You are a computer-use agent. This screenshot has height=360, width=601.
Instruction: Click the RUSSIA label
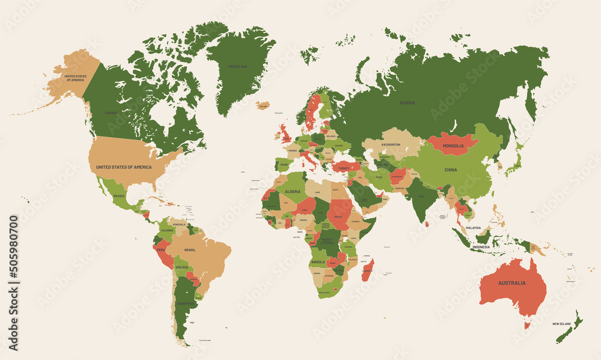[407, 103]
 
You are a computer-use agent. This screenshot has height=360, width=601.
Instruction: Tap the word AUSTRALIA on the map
[511, 282]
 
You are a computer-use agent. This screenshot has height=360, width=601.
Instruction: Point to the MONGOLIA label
[453, 146]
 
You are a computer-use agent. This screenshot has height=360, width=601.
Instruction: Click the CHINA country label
[451, 170]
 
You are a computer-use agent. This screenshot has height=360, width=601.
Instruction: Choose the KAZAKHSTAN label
[391, 145]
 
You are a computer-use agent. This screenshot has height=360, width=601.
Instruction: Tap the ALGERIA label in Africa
[292, 191]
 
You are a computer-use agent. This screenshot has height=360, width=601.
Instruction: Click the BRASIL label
[190, 249]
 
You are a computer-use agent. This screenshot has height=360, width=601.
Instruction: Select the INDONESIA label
[481, 246]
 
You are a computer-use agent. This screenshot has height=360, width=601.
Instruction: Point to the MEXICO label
[119, 196]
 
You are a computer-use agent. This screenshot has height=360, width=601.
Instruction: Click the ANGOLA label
[319, 261]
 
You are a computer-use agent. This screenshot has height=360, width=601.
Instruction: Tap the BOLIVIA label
[182, 266]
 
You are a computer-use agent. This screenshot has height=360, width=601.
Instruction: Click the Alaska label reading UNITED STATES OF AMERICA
[76, 78]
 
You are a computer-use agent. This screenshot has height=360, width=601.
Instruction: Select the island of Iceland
[263, 105]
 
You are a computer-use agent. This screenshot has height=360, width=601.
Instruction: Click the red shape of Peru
[162, 252]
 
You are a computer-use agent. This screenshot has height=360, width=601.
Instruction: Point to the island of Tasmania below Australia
[527, 325]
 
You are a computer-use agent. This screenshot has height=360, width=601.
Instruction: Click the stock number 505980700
[13, 282]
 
